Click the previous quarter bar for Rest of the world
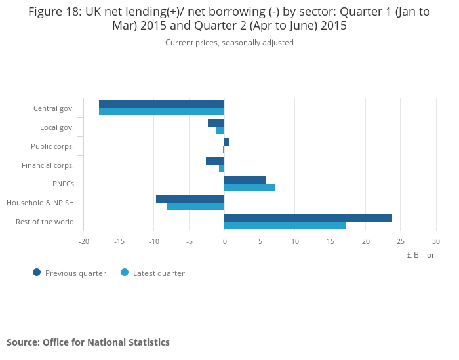(308, 218)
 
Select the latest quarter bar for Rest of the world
(285, 226)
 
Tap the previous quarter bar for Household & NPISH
(190, 199)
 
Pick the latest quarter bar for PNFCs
(249, 188)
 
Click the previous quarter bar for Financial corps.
(215, 161)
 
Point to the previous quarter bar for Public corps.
(227, 142)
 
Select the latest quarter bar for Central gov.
(161, 111)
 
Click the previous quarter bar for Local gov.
(216, 123)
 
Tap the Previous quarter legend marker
(37, 273)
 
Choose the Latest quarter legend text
(159, 273)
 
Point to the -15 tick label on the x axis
(119, 241)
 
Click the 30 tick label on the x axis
(435, 241)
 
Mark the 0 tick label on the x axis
(224, 241)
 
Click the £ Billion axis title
(420, 255)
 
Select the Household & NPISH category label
(40, 203)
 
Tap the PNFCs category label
(63, 184)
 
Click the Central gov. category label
(53, 108)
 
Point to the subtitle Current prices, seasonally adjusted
(229, 43)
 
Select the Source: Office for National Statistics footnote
(88, 342)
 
